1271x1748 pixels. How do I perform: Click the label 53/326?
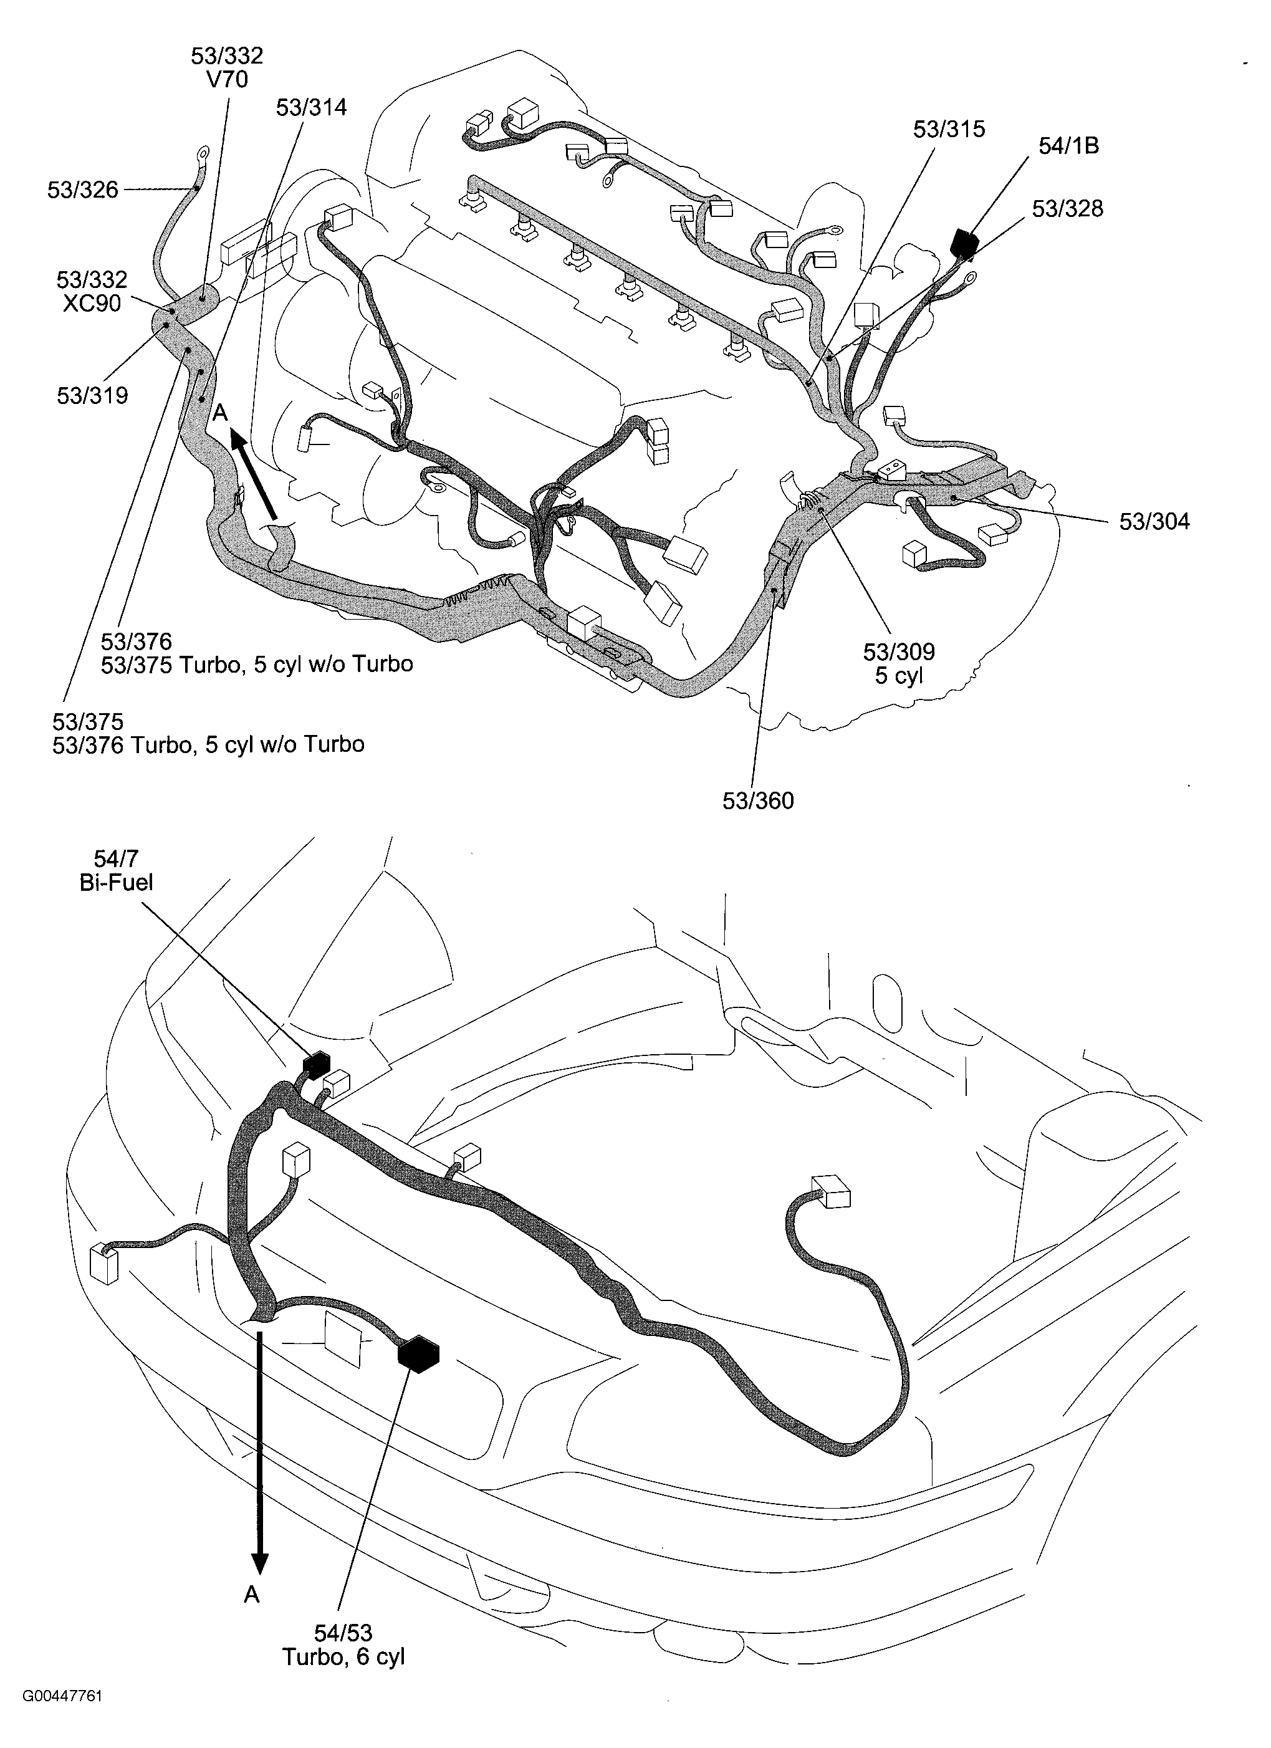(x=82, y=190)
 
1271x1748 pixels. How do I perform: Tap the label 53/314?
(x=312, y=107)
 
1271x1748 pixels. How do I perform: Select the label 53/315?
(x=949, y=128)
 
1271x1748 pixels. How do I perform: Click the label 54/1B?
(x=1068, y=146)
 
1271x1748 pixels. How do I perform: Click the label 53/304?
(x=1154, y=522)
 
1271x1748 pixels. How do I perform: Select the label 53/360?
(x=757, y=801)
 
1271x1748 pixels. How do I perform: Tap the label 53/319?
(x=92, y=395)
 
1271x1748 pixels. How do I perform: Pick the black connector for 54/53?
(x=418, y=1354)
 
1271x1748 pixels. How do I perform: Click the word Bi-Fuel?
(x=117, y=883)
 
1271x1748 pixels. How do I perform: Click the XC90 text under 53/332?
(x=92, y=304)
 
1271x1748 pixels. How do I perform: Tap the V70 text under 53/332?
(x=228, y=79)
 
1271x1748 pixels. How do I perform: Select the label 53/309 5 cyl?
(x=898, y=663)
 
